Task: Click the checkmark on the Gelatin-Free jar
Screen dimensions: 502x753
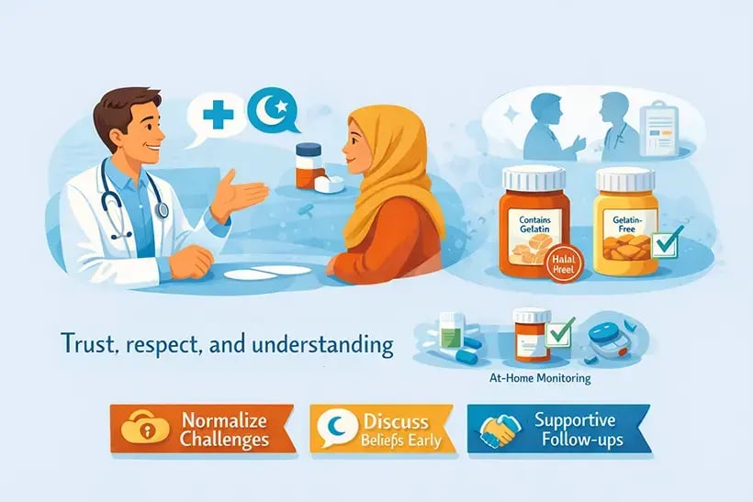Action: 670,240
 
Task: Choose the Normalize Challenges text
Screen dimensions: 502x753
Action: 224,429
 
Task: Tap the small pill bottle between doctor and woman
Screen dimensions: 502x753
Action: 308,166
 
